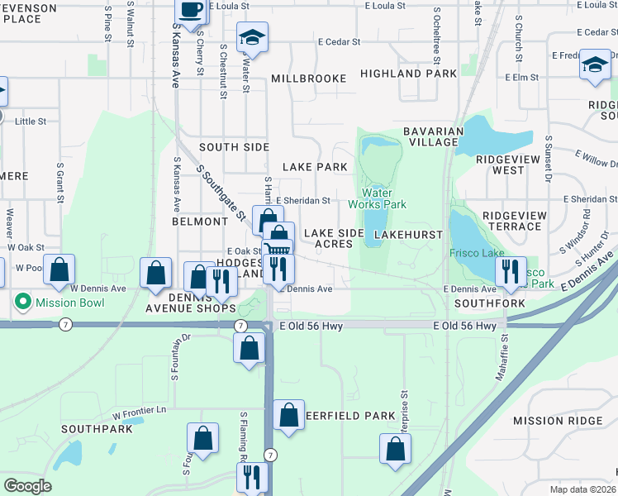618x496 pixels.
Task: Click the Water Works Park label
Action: click(x=378, y=198)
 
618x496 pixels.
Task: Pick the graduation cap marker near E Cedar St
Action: click(x=252, y=38)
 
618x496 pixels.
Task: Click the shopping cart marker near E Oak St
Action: click(x=278, y=252)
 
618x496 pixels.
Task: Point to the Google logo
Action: click(x=27, y=486)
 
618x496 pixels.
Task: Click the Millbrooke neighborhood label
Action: click(x=309, y=79)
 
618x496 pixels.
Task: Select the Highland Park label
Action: click(x=408, y=74)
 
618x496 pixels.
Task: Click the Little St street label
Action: click(x=31, y=121)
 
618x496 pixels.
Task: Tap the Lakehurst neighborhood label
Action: click(x=404, y=236)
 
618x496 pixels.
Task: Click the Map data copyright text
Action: click(x=583, y=489)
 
